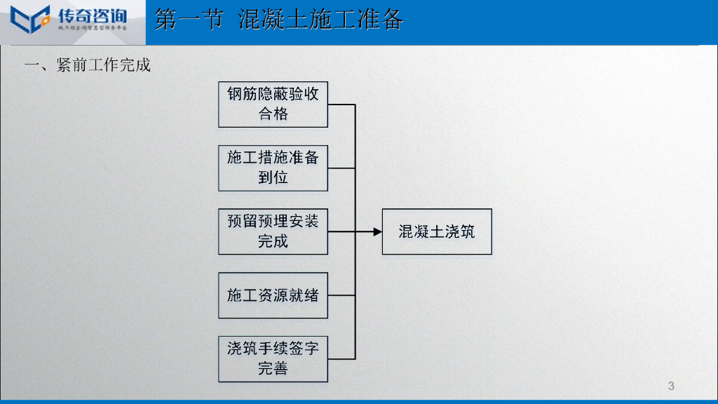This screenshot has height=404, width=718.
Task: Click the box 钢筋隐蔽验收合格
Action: click(x=273, y=105)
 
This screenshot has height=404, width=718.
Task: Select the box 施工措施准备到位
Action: click(x=273, y=168)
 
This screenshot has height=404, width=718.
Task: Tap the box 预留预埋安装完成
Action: click(x=273, y=231)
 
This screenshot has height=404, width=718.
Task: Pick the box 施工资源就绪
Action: click(x=273, y=295)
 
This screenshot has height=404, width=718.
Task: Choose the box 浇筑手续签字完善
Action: click(x=273, y=359)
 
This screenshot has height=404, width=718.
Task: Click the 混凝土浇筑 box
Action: click(x=436, y=231)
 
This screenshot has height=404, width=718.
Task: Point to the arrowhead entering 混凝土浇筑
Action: click(x=377, y=231)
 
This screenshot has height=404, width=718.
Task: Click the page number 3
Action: click(x=671, y=386)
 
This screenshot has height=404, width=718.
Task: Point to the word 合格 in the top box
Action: click(x=273, y=114)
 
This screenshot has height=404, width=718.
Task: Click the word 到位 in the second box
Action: click(x=273, y=177)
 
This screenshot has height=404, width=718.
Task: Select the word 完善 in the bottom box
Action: click(x=273, y=368)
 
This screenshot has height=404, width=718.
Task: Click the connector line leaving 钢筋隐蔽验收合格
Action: click(x=341, y=105)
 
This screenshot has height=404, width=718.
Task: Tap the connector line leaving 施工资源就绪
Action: click(x=341, y=295)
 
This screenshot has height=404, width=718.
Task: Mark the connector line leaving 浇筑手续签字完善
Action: click(x=341, y=359)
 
